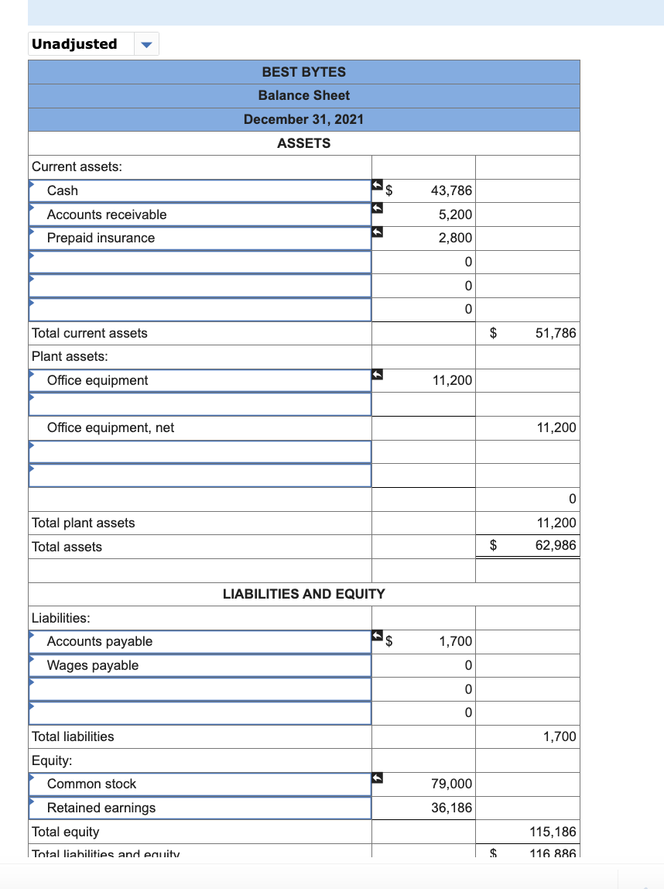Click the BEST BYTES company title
coord(303,72)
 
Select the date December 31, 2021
coord(303,119)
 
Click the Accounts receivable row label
coord(107,215)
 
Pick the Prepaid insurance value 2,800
coord(455,238)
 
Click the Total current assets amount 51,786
coord(556,333)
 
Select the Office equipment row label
coord(98,380)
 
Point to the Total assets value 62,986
coord(556,546)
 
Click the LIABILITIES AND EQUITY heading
coord(303,594)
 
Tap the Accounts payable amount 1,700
coord(455,641)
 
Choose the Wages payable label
coord(93,665)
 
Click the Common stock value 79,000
coord(451,784)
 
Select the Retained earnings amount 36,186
coord(451,808)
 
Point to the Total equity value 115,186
coord(553,832)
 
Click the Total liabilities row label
coord(73,736)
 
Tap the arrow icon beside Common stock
coord(378,777)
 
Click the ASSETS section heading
coord(303,143)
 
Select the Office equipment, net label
coord(111,427)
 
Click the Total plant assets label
coord(83,523)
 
